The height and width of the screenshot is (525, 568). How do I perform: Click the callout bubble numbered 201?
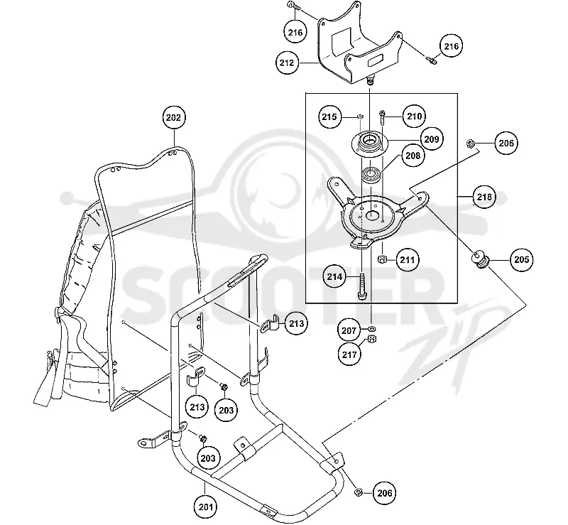[x=205, y=506]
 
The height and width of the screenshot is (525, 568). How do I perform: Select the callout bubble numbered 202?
[x=174, y=118]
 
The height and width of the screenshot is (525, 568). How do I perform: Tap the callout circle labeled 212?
[x=287, y=63]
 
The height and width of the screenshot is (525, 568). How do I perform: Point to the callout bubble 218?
[x=484, y=197]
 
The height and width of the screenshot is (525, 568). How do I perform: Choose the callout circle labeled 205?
[x=522, y=259]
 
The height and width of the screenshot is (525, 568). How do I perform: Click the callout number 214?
[x=334, y=277]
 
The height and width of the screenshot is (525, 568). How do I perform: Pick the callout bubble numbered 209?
[x=432, y=139]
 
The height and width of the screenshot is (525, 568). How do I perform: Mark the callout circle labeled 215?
[x=329, y=117]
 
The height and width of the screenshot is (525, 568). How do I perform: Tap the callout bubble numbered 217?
[x=349, y=354]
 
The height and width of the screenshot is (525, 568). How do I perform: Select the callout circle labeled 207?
[x=349, y=330]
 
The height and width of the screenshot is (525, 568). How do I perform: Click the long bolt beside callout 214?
[x=363, y=287]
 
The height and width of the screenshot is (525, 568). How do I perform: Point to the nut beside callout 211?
[x=381, y=259]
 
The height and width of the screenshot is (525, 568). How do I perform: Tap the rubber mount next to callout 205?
[x=481, y=259]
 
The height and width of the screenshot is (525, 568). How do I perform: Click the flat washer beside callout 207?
[x=372, y=328]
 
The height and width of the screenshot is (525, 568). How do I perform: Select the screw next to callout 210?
[x=382, y=117]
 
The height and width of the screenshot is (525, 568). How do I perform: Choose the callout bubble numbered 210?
[x=415, y=116]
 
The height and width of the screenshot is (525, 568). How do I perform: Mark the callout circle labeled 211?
[x=408, y=260]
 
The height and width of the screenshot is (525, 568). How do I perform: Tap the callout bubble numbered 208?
[x=413, y=156]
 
